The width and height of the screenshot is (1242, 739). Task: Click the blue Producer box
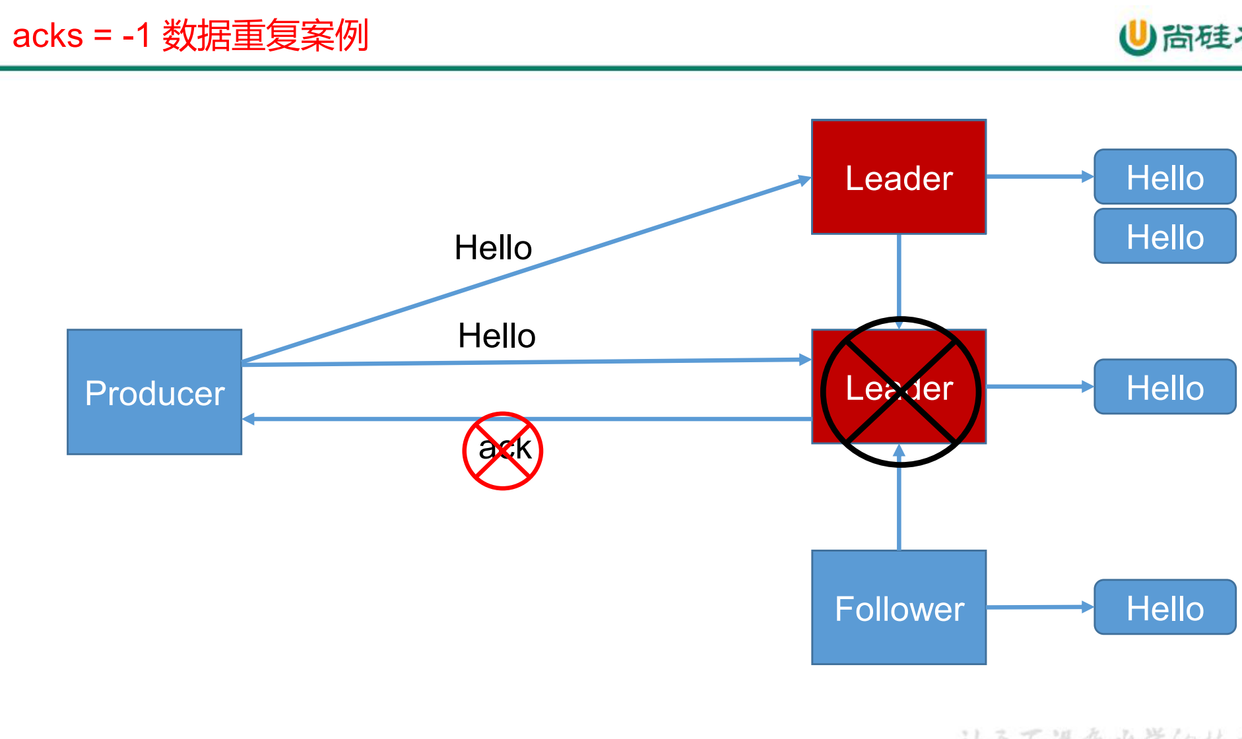(154, 392)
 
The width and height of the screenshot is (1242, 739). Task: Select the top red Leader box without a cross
(899, 177)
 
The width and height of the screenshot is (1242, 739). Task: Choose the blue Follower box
(899, 608)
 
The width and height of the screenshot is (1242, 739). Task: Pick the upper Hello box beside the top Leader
(1165, 177)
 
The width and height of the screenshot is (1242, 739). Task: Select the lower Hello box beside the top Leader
(1165, 236)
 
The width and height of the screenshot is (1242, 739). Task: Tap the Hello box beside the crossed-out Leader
(1165, 387)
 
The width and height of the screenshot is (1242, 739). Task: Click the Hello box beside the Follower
(1165, 608)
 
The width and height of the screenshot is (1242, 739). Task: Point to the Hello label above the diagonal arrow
(493, 248)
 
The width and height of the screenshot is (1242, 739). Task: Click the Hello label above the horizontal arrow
(496, 336)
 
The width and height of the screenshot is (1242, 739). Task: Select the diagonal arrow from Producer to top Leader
(528, 270)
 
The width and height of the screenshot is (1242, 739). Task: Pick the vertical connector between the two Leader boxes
(899, 277)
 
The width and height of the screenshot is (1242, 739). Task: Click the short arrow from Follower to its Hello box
(1039, 607)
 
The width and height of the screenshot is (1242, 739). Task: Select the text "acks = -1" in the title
(82, 36)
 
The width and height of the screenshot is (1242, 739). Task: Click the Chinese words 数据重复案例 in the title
(265, 36)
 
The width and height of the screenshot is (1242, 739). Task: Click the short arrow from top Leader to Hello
(1039, 177)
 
